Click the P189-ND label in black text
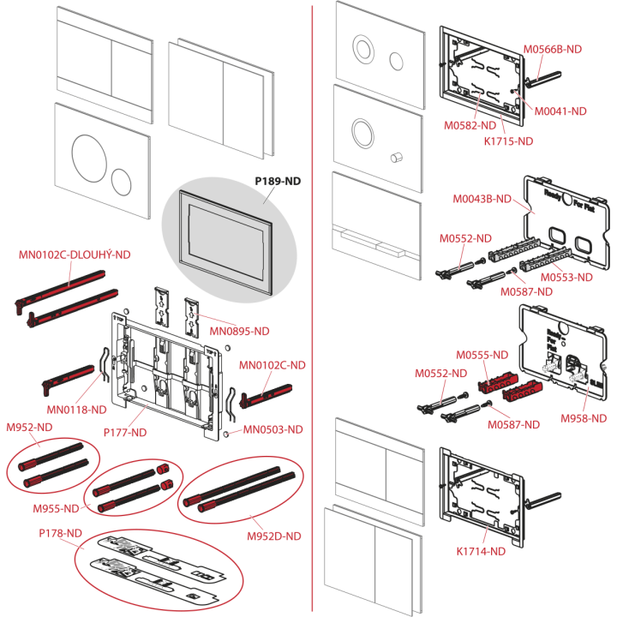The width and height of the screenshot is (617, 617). [278, 181]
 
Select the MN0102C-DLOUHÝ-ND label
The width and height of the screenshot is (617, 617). [75, 255]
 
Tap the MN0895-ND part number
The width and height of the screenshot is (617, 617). [239, 332]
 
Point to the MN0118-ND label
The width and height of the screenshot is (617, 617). [77, 410]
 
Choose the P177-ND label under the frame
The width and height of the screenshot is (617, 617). [125, 433]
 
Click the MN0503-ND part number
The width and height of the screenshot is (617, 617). [273, 429]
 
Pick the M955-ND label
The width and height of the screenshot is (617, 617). [56, 508]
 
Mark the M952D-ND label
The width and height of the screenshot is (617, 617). [274, 536]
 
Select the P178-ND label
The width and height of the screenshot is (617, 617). [60, 533]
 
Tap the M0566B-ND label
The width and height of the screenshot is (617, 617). [553, 49]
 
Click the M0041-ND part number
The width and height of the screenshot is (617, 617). [560, 111]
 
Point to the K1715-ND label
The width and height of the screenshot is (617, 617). [508, 141]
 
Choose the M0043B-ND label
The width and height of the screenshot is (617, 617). [482, 199]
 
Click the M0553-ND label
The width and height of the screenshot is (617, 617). [566, 278]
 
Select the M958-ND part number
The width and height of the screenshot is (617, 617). [584, 418]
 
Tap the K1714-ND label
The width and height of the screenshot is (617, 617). [481, 551]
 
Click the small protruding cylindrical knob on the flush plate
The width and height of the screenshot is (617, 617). [396, 157]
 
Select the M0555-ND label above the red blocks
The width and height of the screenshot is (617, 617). [482, 355]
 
